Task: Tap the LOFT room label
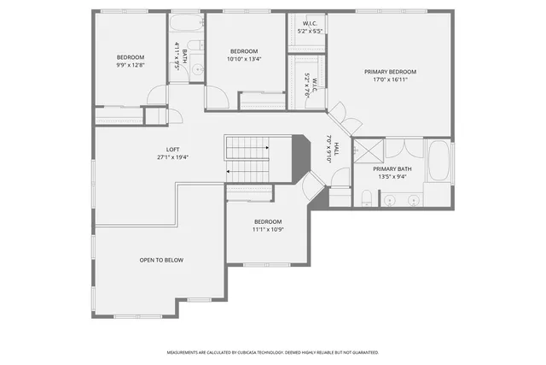(173, 150)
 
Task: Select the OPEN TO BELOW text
(161, 260)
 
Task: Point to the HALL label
(336, 149)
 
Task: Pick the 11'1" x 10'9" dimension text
(267, 229)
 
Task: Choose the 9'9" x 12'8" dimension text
(131, 64)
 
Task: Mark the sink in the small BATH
(196, 69)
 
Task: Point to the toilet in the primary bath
(365, 198)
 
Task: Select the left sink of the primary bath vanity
(390, 200)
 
